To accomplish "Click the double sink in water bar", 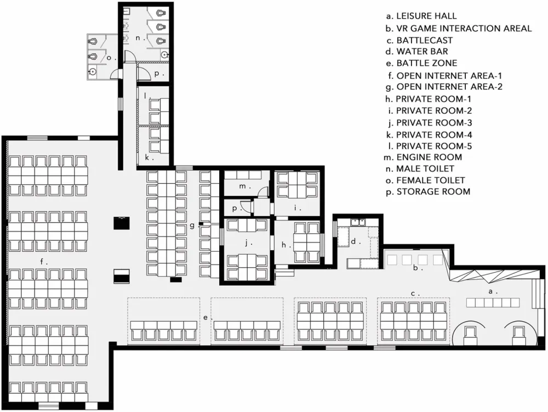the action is [x=358, y=222].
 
